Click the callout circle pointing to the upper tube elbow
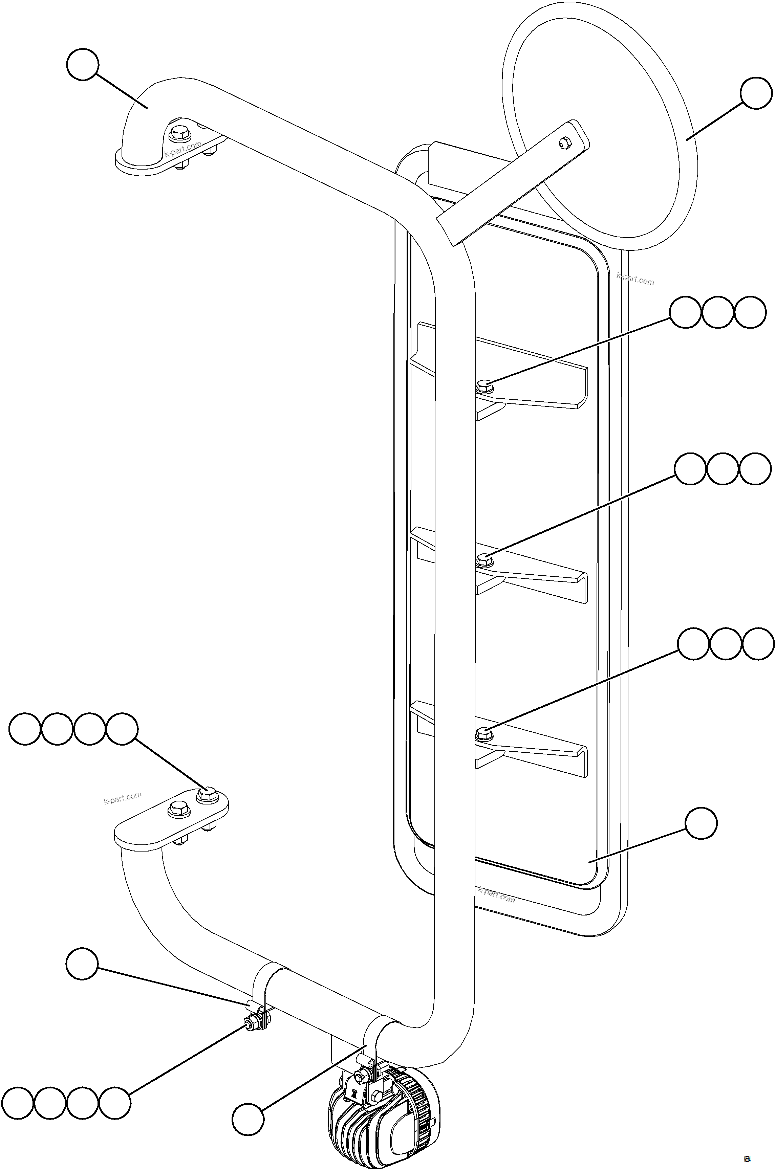[x=83, y=64]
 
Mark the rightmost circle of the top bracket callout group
[x=750, y=312]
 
